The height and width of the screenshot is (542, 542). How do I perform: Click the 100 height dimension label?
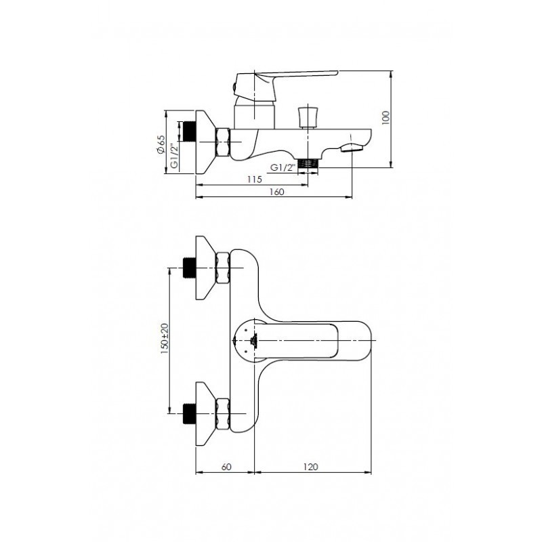pos(385,118)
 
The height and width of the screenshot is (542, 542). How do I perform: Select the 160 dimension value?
pos(276,192)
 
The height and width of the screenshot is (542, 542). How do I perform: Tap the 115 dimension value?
pos(253,179)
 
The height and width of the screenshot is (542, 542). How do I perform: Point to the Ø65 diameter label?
pos(161,144)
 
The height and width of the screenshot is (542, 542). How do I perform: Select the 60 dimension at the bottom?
pos(226,467)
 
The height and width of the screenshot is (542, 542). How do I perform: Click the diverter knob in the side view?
pos(308,115)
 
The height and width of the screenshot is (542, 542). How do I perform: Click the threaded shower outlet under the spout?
pos(309,163)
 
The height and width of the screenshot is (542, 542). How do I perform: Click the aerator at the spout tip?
pos(352,147)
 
